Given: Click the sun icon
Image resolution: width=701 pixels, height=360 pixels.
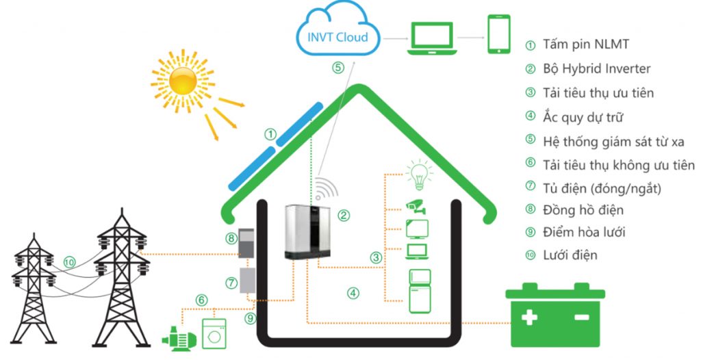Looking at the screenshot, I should (183, 80).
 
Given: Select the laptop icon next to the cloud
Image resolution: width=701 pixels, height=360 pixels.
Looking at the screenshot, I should (431, 38).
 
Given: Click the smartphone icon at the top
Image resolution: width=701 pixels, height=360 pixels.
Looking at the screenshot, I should (499, 34).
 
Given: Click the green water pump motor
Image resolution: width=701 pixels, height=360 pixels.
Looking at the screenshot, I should (177, 337).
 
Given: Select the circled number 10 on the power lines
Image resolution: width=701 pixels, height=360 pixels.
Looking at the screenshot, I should (69, 261).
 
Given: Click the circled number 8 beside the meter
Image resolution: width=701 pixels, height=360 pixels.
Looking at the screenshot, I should (231, 237).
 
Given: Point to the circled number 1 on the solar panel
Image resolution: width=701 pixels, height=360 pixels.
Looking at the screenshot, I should (270, 134).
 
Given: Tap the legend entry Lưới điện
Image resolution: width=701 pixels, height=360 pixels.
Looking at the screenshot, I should (570, 255).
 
